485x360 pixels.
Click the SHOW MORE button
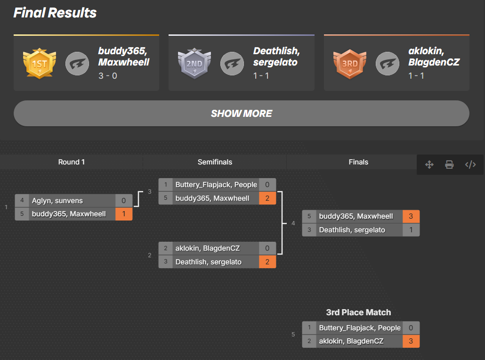(x=241, y=114)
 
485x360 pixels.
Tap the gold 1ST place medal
(x=39, y=63)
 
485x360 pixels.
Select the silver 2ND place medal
(x=194, y=63)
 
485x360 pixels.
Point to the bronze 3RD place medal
(x=349, y=63)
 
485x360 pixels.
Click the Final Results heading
(x=55, y=13)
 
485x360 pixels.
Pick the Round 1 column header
(x=72, y=162)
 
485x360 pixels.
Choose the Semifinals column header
(x=215, y=162)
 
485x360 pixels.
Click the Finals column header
(x=358, y=162)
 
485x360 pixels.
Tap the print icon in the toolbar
(x=450, y=164)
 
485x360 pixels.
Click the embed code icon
(x=470, y=164)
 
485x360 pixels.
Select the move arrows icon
(x=429, y=164)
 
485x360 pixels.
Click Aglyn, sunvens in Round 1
(x=57, y=201)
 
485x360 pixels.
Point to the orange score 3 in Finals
(x=411, y=216)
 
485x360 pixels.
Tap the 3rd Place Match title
(x=358, y=312)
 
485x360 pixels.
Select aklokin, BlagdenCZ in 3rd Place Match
(x=351, y=341)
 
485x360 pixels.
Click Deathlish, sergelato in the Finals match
(x=352, y=230)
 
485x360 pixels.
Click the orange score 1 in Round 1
(x=124, y=214)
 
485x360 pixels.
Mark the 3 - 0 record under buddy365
(x=108, y=75)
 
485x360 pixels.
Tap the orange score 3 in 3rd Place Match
(x=411, y=341)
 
